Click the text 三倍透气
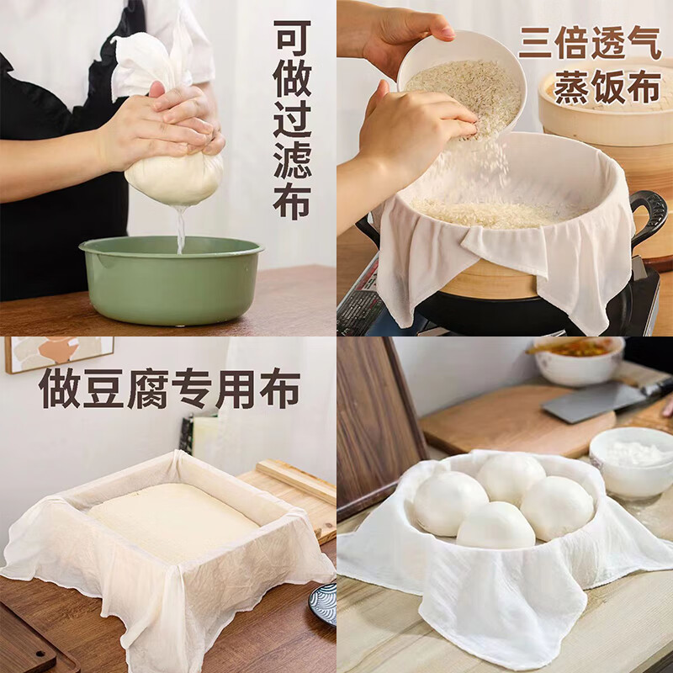tap(589, 42)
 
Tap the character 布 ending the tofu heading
tap(278, 387)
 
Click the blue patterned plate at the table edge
tap(324, 602)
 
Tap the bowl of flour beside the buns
tap(631, 463)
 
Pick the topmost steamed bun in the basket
tap(510, 477)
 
